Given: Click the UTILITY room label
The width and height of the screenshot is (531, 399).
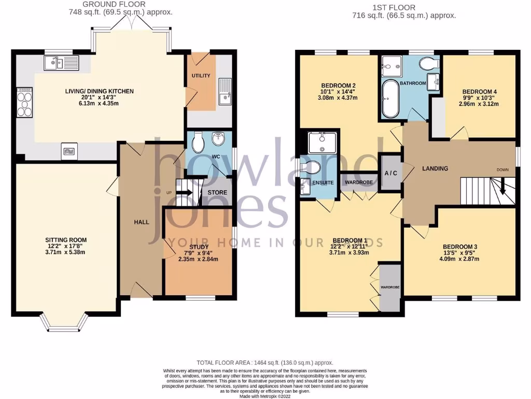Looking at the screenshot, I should pos(201,76).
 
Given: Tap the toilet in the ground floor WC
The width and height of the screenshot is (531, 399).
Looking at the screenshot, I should pos(198,141).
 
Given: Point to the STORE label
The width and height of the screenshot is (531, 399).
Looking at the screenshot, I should pos(217,192).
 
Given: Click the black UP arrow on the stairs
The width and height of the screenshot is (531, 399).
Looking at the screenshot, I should pos(183,192).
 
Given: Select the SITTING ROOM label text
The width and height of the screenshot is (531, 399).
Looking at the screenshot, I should pos(65,240).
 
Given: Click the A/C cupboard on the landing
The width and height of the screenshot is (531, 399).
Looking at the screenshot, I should pos(391,173).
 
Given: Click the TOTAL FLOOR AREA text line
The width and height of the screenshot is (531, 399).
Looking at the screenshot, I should pos(265,363).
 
